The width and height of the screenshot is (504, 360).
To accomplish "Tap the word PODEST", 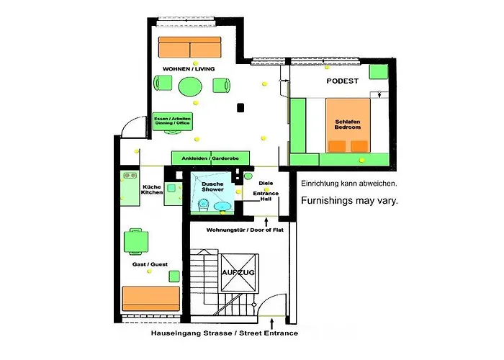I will click(x=343, y=81).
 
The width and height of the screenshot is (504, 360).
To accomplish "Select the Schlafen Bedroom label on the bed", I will click(x=348, y=122).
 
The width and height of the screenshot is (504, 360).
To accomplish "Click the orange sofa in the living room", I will click(x=190, y=48).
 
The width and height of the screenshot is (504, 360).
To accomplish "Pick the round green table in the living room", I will click(x=191, y=86).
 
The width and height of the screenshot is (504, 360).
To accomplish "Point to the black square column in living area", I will click(x=241, y=108).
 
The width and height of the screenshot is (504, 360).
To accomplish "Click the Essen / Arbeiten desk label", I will click(x=173, y=121).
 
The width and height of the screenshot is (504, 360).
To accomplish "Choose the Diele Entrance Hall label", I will click(x=266, y=188).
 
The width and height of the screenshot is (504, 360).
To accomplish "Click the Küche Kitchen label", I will click(x=152, y=189).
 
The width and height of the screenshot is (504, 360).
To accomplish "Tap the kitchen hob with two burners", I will click(x=130, y=174).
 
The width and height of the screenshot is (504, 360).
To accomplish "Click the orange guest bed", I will click(x=150, y=297).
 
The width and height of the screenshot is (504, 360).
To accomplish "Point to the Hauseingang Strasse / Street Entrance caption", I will click(x=224, y=334).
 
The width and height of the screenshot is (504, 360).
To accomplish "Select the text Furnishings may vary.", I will click(x=348, y=201).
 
